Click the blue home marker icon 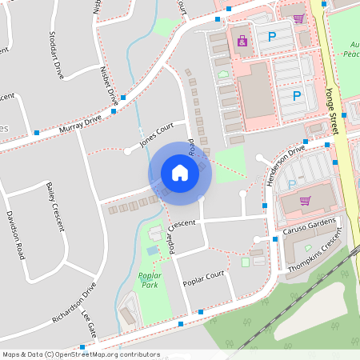click(x=180, y=172)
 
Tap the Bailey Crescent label click(x=54, y=206)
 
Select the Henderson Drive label click(x=286, y=164)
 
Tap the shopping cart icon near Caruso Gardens click(x=304, y=201)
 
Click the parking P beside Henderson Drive click(x=292, y=185)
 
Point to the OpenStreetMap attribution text click(x=81, y=354)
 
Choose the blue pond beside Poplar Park click(x=152, y=250)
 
